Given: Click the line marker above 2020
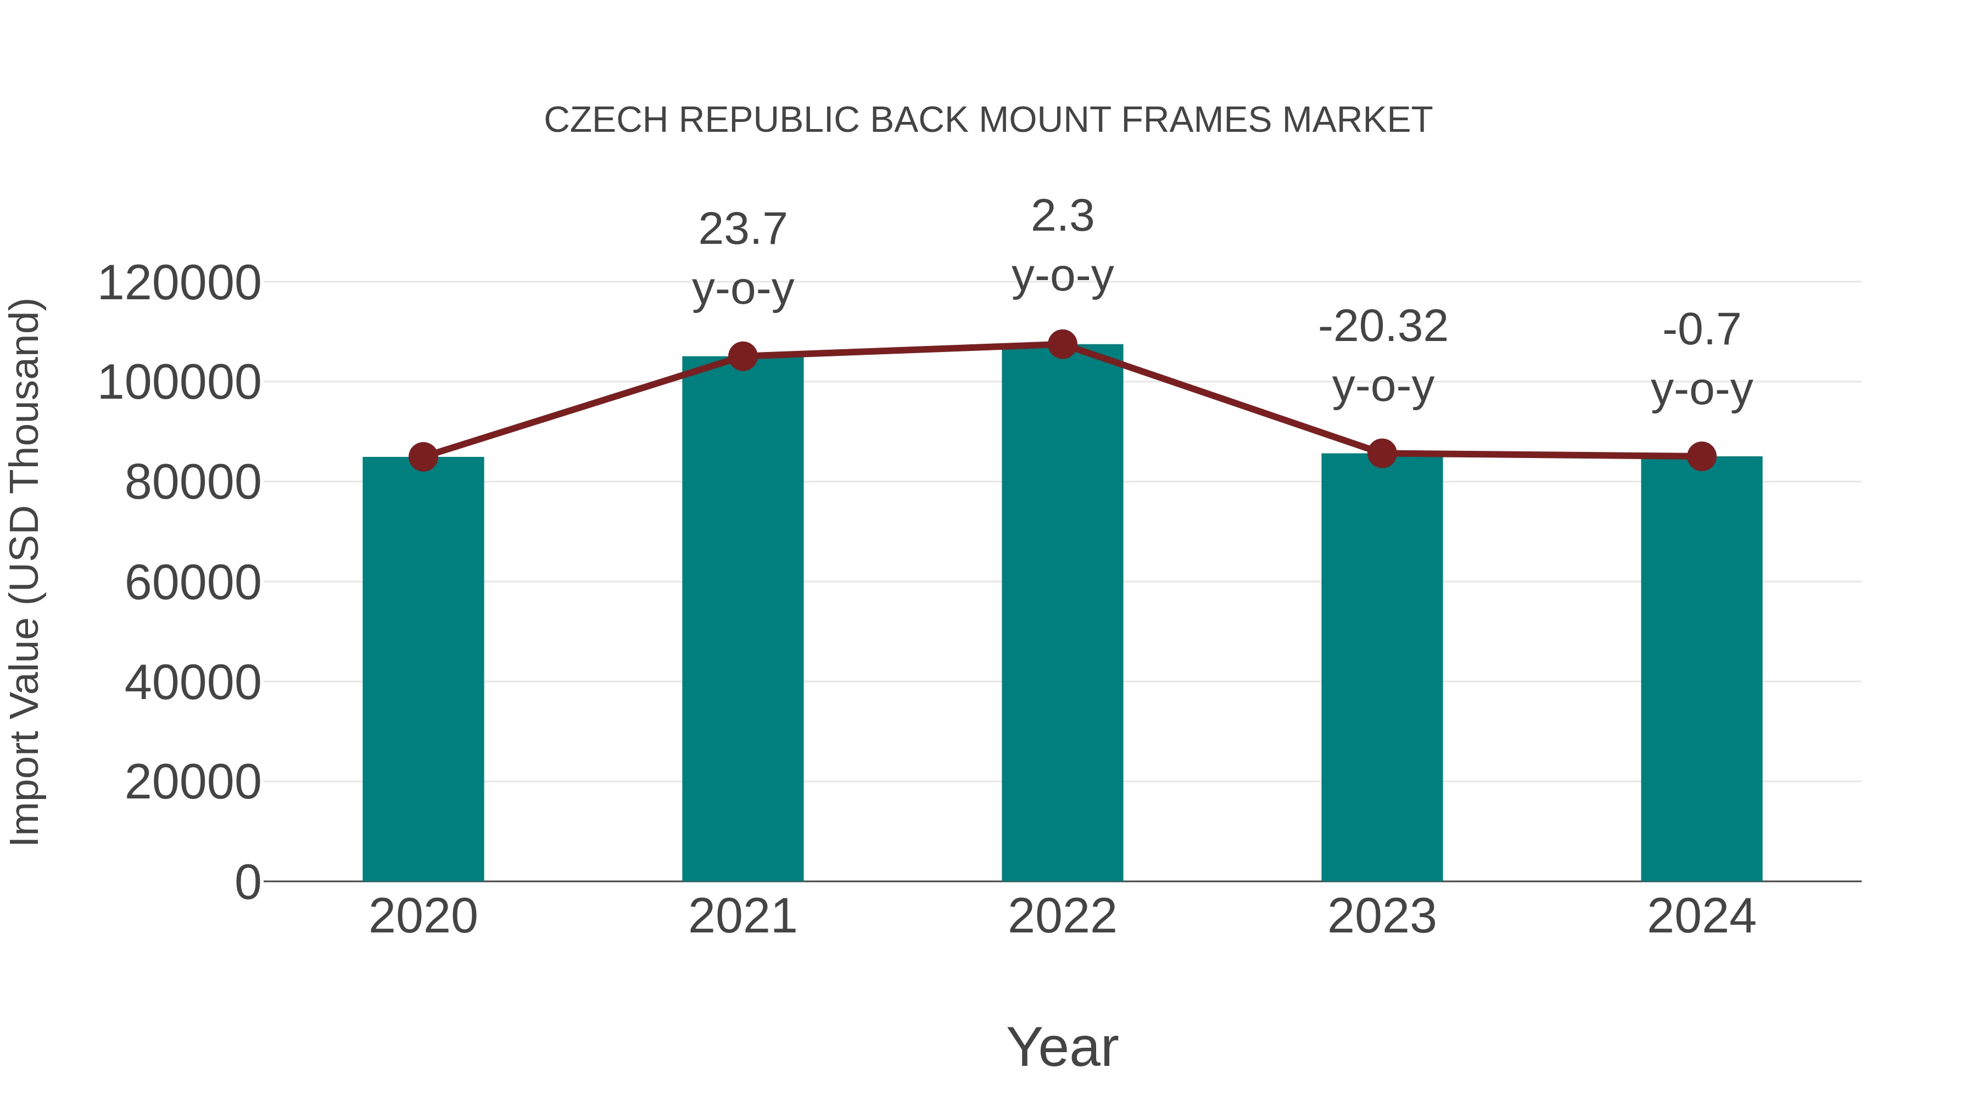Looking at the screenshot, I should click(x=423, y=457).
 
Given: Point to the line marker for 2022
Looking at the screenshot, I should click(x=1062, y=344).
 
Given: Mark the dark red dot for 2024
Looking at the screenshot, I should click(x=1701, y=457).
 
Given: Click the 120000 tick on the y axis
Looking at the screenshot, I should click(x=179, y=283).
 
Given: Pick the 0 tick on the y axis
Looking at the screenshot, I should click(x=247, y=882).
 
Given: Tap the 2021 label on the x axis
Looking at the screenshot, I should click(x=742, y=917).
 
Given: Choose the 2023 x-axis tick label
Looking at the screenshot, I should click(x=1382, y=917).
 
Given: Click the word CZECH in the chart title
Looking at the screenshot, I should click(x=606, y=120).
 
